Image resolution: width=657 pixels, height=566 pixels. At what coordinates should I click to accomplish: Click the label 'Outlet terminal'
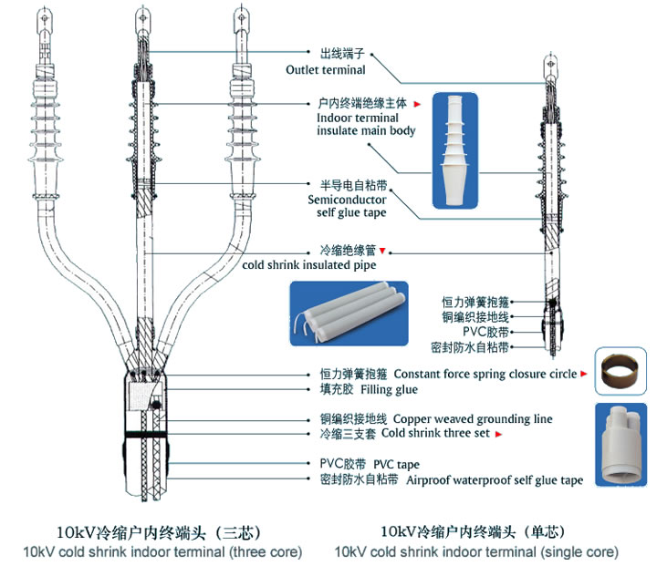pyautogui.click(x=326, y=69)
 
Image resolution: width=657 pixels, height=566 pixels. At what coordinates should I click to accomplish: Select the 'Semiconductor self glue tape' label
pyautogui.click(x=347, y=205)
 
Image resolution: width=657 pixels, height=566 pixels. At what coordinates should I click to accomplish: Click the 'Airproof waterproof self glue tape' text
pyautogui.click(x=494, y=480)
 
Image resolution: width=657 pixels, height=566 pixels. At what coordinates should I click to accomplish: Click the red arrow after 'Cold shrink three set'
pyautogui.click(x=498, y=435)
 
